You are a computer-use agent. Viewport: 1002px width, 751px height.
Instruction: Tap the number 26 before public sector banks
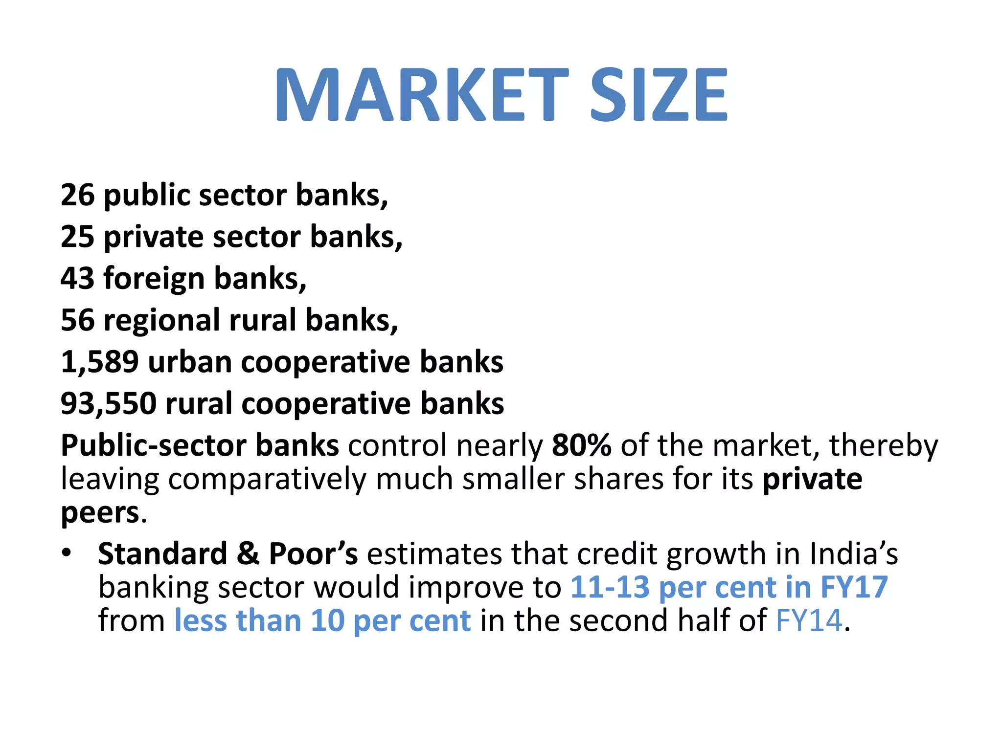point(77,195)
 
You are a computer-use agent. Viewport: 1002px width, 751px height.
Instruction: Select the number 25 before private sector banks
point(77,237)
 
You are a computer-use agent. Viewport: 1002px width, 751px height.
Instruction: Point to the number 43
point(77,278)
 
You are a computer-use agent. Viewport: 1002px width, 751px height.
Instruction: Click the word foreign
point(154,279)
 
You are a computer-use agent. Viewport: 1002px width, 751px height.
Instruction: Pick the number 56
point(77,320)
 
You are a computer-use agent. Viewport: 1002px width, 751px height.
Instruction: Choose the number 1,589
point(100,362)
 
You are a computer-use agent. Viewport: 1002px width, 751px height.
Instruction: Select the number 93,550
point(109,404)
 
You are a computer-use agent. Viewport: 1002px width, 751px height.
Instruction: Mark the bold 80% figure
point(581,445)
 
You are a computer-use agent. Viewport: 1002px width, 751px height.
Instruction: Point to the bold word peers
point(100,513)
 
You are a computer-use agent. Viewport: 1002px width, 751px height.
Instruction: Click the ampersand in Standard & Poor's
point(248,554)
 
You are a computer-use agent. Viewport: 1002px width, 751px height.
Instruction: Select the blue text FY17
point(854,587)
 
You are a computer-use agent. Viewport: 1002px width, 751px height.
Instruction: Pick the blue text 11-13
point(610,587)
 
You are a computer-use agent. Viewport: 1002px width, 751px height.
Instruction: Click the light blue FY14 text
point(809,620)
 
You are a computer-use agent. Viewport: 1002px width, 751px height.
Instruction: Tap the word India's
point(854,554)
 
